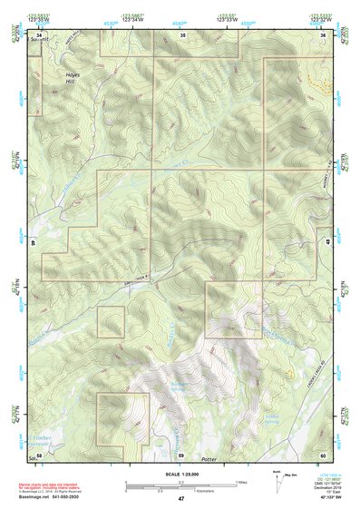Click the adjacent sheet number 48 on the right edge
tap(326, 241)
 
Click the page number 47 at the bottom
tap(180, 499)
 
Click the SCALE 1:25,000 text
tap(181, 474)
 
